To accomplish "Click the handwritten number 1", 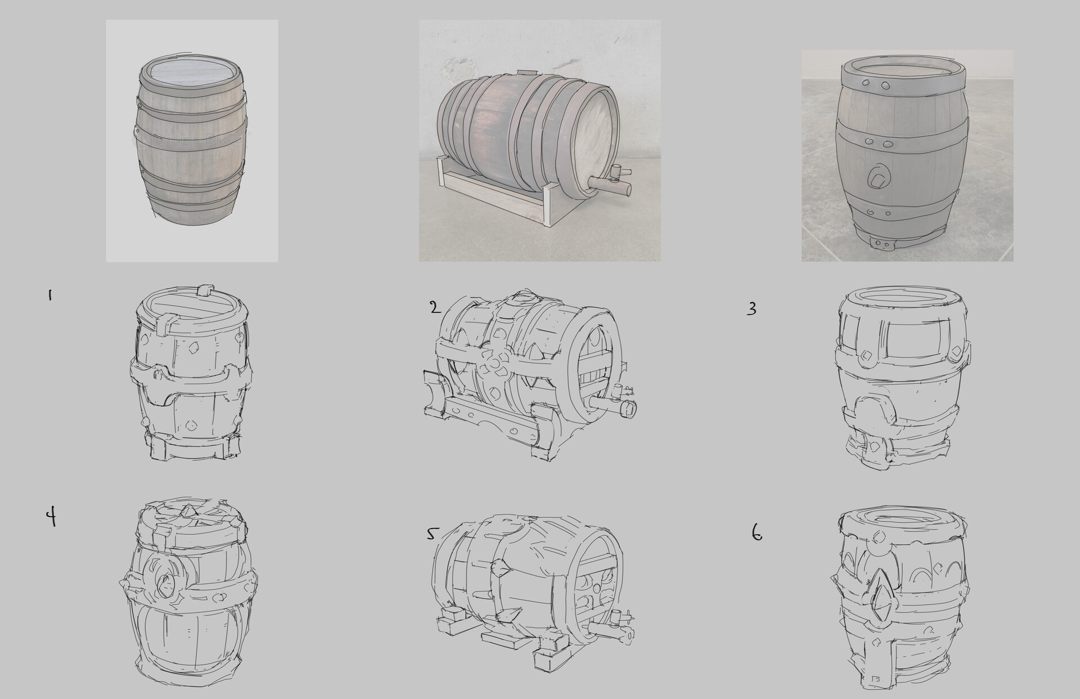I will (x=50, y=295).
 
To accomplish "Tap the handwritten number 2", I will (x=435, y=307).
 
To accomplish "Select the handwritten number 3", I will (x=751, y=309).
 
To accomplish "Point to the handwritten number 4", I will (x=51, y=516).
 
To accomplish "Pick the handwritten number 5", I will (x=431, y=534).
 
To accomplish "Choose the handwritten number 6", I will (x=757, y=532).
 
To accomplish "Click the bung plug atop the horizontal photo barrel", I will (x=527, y=73).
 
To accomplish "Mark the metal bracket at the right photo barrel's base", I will (x=881, y=244).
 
